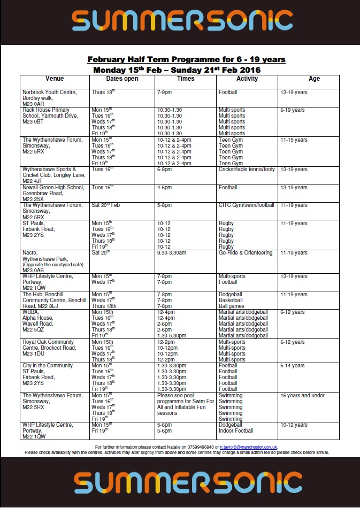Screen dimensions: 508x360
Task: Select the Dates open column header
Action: (x=122, y=79)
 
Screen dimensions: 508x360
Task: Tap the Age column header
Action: (x=315, y=79)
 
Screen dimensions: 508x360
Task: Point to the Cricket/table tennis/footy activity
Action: (x=247, y=170)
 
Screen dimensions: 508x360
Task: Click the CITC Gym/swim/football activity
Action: (x=246, y=205)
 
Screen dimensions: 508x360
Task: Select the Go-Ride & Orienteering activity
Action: (x=246, y=253)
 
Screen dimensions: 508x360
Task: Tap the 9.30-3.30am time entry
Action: (x=172, y=253)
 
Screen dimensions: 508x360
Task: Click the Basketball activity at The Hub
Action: (x=231, y=301)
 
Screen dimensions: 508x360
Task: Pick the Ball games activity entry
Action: (x=231, y=306)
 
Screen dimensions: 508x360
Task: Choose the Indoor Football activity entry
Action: (x=236, y=431)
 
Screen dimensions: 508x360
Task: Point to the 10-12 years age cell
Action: (x=294, y=425)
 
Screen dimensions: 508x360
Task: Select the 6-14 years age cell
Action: (x=292, y=366)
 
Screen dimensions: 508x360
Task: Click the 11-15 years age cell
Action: (x=294, y=140)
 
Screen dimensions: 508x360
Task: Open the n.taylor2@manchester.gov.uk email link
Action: (x=248, y=447)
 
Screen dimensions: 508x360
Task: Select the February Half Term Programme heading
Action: (x=186, y=59)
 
